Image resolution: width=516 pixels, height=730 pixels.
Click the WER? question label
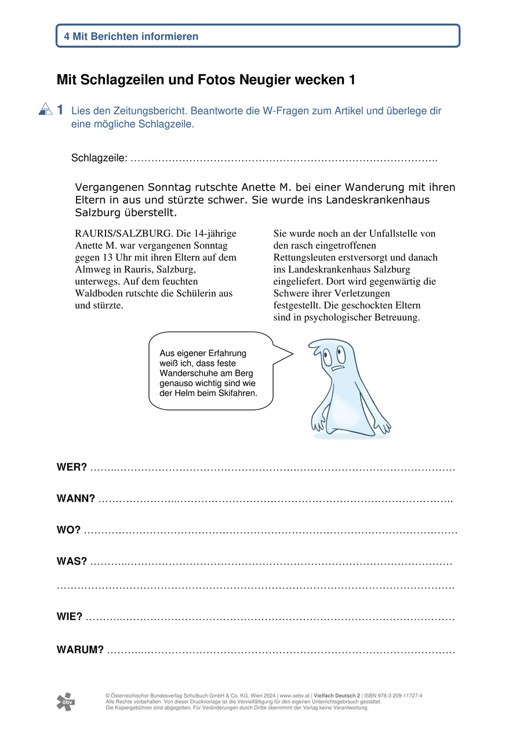pos(71,467)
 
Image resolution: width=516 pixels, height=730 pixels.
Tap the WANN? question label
pos(75,498)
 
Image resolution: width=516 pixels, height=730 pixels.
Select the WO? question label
pos(68,530)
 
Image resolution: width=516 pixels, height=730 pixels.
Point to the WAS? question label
pos(71,561)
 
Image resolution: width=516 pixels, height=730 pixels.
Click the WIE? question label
pos(69,616)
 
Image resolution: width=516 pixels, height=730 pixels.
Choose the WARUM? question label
pos(80,649)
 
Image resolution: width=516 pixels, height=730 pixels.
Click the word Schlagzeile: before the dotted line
pos(99,158)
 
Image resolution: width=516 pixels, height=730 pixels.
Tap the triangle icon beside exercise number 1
pos(45,109)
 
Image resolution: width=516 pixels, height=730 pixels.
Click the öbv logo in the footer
pos(65,702)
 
